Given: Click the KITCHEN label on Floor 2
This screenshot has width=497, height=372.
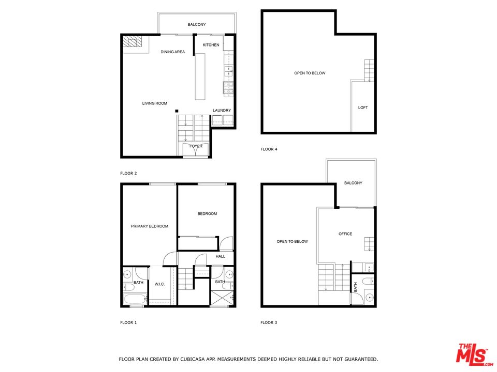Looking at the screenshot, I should coord(211,45).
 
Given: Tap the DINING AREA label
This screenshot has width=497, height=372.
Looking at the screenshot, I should coord(172,52).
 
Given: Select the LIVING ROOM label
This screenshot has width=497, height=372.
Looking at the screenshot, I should coord(155,103).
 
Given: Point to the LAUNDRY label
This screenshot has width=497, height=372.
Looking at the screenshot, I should coord(222,111).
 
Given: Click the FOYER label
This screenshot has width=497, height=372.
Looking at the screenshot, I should coord(196,146).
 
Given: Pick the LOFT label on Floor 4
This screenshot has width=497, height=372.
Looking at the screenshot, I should coord(363,107).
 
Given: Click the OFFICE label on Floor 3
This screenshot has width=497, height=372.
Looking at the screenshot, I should coord(345,234).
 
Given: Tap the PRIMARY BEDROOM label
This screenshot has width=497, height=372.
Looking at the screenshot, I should coord(150,226).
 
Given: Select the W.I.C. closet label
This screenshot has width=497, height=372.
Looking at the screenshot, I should coord(159,283).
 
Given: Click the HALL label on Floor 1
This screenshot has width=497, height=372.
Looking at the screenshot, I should coord(221,256).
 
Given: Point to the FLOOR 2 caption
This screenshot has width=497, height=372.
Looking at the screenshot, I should coord(128,174).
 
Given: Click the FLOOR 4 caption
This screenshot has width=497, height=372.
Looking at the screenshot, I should coord(269,149).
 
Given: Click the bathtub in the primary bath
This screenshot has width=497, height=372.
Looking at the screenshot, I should coord(135,299).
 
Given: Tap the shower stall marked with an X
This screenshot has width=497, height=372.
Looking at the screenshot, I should coord(222,299).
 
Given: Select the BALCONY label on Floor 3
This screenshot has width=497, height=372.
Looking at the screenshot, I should coord(353,183).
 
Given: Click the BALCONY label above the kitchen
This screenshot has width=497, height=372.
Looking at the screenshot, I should coord(197,24).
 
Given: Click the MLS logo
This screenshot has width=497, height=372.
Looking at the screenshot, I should coord(472,354).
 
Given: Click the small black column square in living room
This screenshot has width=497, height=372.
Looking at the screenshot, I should coord(177,111).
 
